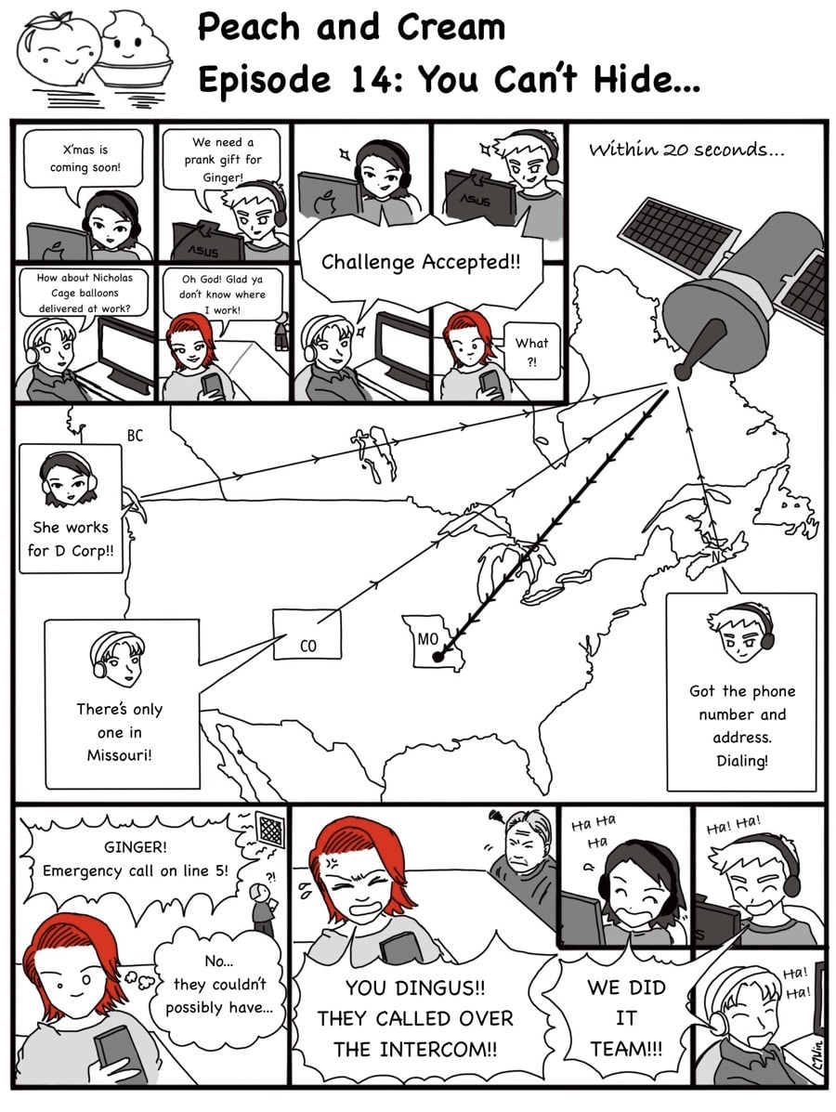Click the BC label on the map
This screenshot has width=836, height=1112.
135,436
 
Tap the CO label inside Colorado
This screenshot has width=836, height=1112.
307,646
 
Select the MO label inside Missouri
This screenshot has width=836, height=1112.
427,639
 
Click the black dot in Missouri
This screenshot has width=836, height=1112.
438,658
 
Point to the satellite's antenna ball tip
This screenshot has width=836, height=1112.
685,370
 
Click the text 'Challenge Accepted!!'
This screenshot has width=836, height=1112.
421,262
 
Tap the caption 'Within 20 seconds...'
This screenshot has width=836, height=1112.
686,150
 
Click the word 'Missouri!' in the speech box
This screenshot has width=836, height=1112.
119,755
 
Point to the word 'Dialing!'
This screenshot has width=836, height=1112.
741,761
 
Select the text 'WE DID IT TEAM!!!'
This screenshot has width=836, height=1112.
626,1017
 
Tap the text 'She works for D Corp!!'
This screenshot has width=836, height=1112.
71,538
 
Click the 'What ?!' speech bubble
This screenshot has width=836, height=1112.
532,351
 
